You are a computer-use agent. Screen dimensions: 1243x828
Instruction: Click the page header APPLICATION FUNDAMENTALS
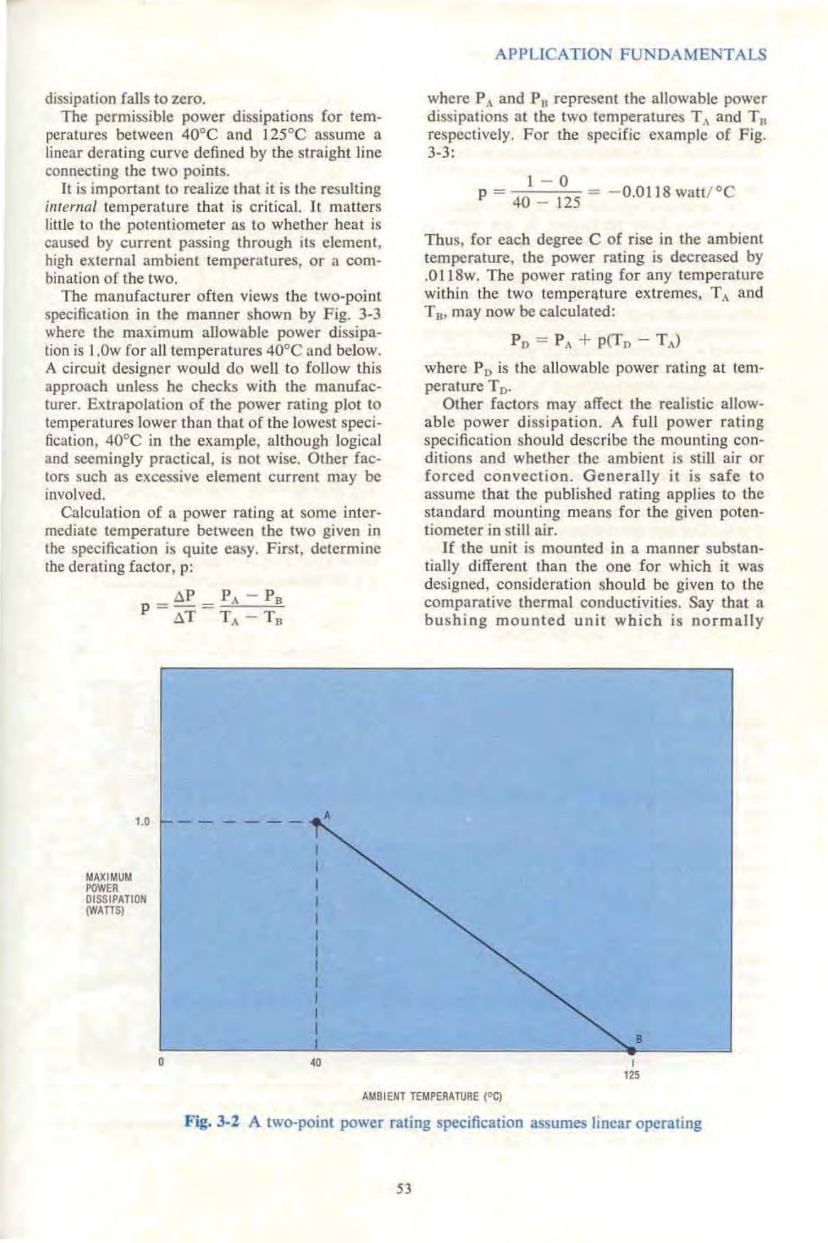pyautogui.click(x=629, y=55)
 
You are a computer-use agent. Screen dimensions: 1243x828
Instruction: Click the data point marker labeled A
pyautogui.click(x=318, y=822)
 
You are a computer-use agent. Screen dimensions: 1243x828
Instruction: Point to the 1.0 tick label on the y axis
pyautogui.click(x=142, y=822)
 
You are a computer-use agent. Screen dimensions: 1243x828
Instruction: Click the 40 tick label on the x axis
pyautogui.click(x=316, y=1063)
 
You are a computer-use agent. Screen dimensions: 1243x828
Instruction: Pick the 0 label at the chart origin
pyautogui.click(x=161, y=1063)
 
